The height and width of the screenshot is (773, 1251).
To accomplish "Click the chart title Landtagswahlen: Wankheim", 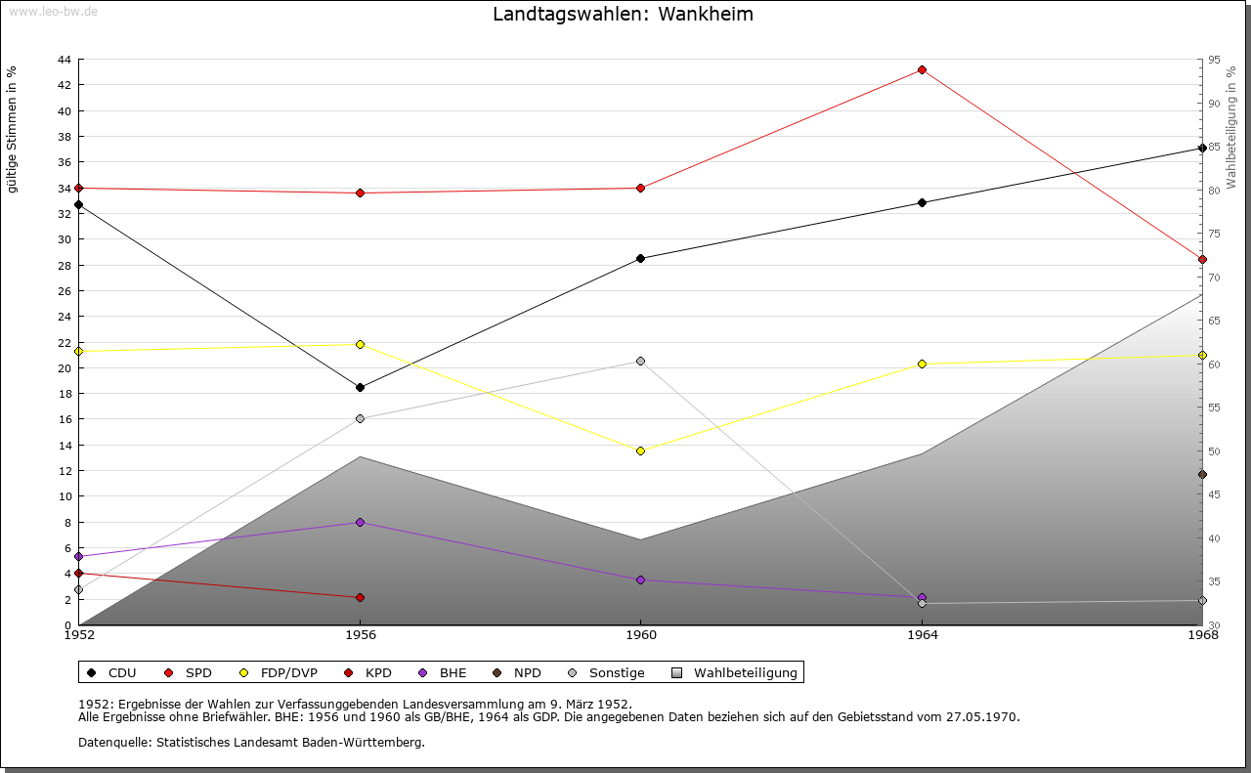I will [x=623, y=15].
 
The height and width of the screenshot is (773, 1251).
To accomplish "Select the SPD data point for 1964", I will [x=922, y=70].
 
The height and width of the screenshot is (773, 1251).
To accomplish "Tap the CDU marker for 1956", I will [x=360, y=388].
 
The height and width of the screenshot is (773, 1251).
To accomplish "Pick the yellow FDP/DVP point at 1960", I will [x=640, y=451].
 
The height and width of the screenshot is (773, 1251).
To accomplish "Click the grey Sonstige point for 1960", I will [x=640, y=362].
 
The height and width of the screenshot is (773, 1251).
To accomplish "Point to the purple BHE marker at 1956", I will [x=360, y=523].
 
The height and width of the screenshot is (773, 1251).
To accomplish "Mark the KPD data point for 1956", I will [x=360, y=598].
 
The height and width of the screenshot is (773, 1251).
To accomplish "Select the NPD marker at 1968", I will [x=1202, y=475].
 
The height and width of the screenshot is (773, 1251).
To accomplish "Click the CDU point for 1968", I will [x=1202, y=149].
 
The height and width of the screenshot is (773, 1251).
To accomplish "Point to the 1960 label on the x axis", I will [x=640, y=635].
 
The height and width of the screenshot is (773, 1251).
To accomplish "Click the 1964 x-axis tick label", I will [x=922, y=635].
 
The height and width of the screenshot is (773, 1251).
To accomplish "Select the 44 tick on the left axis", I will [x=64, y=60].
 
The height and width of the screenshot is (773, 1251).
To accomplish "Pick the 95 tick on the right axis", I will [x=1214, y=60].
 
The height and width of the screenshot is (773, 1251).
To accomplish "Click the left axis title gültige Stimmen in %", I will [x=13, y=129].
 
